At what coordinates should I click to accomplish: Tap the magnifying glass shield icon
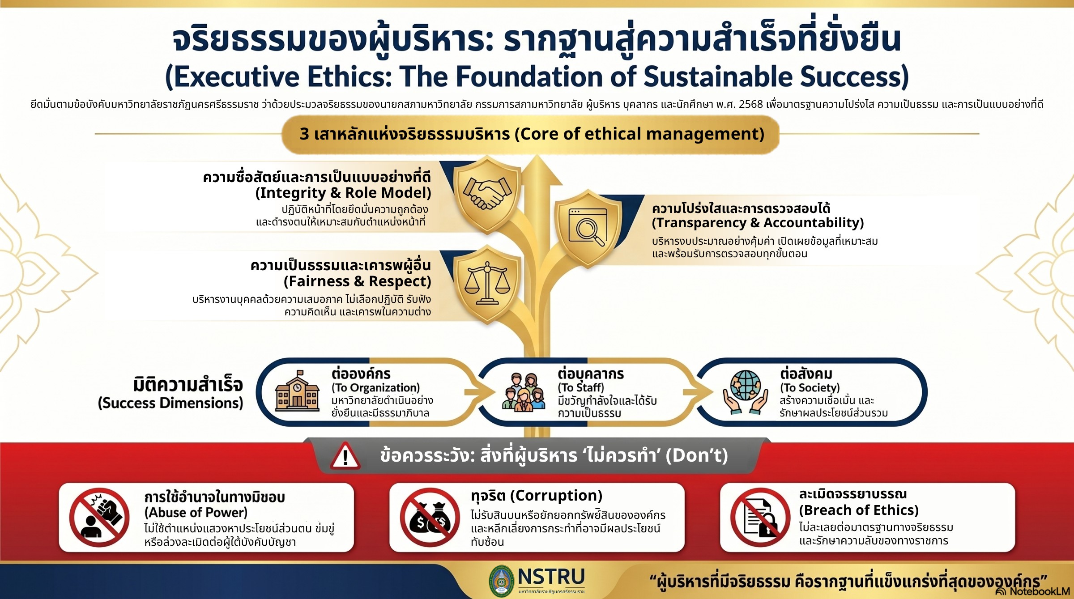[588, 228]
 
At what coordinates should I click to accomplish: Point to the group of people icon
[524, 392]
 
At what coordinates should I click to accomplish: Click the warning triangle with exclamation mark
[345, 456]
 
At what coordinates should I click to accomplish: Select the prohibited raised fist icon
[99, 517]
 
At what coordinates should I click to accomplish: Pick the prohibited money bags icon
[430, 517]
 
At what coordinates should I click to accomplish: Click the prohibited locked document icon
[760, 517]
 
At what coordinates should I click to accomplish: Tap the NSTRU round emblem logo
[502, 581]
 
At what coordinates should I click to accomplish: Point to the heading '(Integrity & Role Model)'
[343, 193]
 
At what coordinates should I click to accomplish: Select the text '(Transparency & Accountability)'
[758, 223]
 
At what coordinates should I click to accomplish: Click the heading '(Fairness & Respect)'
[357, 281]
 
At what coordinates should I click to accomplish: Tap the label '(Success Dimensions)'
[170, 403]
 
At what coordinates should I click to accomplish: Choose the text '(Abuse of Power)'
[196, 513]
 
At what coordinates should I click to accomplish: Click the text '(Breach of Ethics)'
[859, 510]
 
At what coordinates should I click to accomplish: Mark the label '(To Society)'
[810, 387]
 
